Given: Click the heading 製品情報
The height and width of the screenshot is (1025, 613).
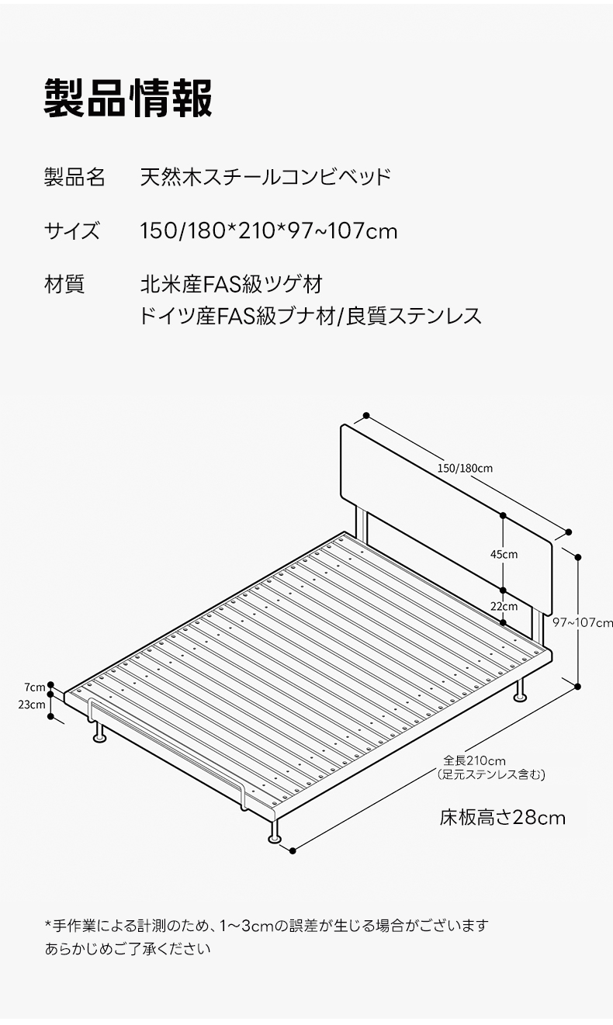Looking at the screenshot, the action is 128,99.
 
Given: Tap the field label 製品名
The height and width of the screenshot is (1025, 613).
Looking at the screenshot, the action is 74,177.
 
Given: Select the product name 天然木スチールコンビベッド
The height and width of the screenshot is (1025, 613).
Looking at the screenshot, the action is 265,177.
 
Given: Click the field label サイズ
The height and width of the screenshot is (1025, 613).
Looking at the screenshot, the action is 72,230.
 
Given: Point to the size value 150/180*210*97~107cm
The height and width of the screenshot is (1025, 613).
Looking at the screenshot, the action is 268,230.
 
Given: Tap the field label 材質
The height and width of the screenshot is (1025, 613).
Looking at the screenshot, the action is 64,284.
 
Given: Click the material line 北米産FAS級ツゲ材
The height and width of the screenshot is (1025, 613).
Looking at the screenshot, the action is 231,284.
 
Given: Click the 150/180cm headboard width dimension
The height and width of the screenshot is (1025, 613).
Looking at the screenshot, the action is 465,468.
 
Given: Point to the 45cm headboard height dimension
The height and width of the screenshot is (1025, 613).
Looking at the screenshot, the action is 504,554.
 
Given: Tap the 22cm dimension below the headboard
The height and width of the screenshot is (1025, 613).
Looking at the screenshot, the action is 504,606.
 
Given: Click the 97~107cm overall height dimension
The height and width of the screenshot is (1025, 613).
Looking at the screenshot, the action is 582,622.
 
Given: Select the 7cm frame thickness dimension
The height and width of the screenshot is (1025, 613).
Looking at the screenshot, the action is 35,687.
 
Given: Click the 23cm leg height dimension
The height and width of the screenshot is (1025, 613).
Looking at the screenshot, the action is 32,705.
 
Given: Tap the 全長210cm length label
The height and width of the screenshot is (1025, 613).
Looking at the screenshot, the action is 474,761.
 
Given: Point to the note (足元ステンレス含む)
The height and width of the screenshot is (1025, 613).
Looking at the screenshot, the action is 491,774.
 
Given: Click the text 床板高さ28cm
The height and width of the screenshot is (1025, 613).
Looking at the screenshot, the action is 502,818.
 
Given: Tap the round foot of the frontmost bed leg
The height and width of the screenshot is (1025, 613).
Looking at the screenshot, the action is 275,838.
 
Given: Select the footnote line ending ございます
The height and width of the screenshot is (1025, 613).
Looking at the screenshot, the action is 266,926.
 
